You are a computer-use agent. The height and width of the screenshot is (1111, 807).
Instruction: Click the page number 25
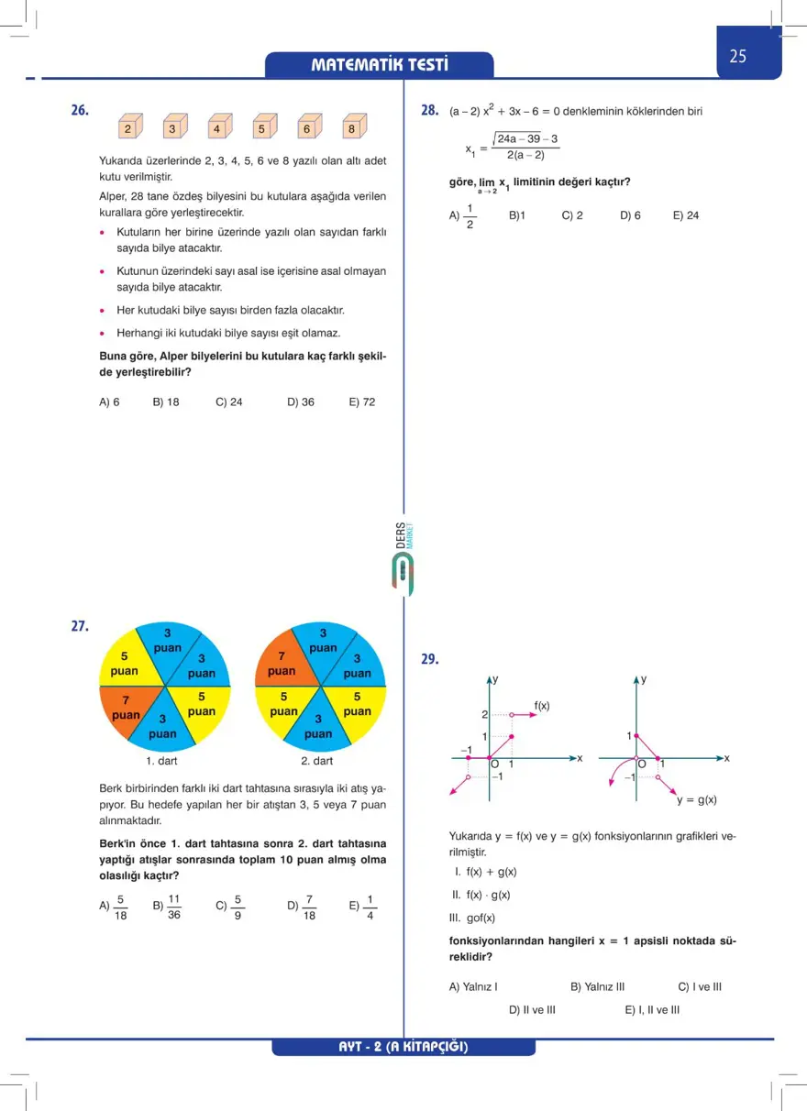pyautogui.click(x=738, y=56)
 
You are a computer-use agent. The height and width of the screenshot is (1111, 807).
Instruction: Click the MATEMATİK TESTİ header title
pyautogui.click(x=380, y=65)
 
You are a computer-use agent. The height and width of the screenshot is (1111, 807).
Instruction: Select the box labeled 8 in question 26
pyautogui.click(x=352, y=128)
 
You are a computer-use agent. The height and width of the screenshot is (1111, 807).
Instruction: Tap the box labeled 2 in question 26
pyautogui.click(x=129, y=128)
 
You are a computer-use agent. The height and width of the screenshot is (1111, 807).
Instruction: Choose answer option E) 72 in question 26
pyautogui.click(x=362, y=401)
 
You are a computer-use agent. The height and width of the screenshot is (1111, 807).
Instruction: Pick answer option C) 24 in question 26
pyautogui.click(x=229, y=401)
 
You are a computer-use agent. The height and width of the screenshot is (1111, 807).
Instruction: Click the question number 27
pyautogui.click(x=80, y=627)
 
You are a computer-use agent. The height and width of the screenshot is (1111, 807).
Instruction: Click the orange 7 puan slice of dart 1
pyautogui.click(x=127, y=708)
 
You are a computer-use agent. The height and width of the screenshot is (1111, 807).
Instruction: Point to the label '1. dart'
pyautogui.click(x=161, y=761)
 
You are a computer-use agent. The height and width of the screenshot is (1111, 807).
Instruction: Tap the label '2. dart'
pyautogui.click(x=317, y=761)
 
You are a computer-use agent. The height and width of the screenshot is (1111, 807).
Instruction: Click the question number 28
pyautogui.click(x=429, y=110)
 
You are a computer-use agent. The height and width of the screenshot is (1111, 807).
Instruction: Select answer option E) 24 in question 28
pyautogui.click(x=686, y=215)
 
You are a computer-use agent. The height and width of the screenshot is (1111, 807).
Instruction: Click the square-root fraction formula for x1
pyautogui.click(x=514, y=147)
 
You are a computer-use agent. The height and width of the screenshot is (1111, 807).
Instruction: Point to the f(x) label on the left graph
pyautogui.click(x=542, y=705)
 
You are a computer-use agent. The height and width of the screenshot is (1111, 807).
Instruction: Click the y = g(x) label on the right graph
pyautogui.click(x=697, y=799)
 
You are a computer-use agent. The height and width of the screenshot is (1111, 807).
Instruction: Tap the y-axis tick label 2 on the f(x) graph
pyautogui.click(x=484, y=714)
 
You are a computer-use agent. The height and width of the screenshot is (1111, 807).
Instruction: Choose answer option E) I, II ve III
pyautogui.click(x=652, y=1009)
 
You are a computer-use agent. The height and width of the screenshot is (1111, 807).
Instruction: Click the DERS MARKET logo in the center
pyautogui.click(x=403, y=559)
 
